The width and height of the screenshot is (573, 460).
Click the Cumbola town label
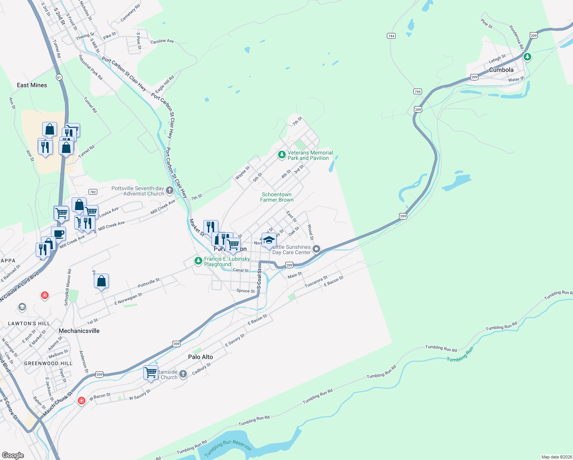(x=501, y=70)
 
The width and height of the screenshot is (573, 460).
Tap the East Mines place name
(x=32, y=85)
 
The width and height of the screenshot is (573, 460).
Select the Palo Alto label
(x=200, y=357)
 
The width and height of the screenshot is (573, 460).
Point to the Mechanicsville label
(x=79, y=331)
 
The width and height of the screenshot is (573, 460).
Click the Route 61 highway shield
(x=59, y=77)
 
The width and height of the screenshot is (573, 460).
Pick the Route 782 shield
(x=92, y=192)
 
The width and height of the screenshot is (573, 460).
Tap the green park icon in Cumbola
(x=527, y=57)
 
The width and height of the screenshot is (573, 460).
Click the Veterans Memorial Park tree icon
(x=282, y=155)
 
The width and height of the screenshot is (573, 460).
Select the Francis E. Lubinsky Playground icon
(x=198, y=261)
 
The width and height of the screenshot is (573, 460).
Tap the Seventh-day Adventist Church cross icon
(x=170, y=191)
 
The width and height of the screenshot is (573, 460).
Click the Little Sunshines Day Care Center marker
(x=316, y=250)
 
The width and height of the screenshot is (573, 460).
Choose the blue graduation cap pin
(x=269, y=240)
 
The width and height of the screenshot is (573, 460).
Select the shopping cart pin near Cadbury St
(x=151, y=372)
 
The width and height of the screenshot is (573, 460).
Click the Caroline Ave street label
(x=162, y=41)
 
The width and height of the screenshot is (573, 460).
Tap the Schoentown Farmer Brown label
(x=277, y=197)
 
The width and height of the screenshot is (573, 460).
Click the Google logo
(x=13, y=455)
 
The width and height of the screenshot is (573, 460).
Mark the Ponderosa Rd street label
(x=516, y=37)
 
